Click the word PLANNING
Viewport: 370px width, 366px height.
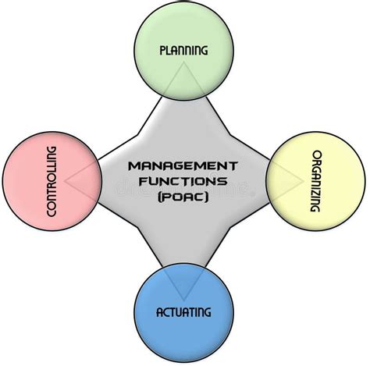(183, 51)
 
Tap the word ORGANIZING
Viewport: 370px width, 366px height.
(316, 181)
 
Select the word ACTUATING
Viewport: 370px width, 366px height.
(183, 312)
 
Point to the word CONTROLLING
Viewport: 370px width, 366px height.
(52, 181)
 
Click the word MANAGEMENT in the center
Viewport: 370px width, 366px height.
(183, 166)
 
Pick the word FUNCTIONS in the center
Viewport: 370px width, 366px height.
(183, 181)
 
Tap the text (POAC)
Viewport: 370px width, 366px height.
(183, 197)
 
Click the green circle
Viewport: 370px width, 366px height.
(183, 51)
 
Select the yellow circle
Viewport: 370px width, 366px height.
(316, 181)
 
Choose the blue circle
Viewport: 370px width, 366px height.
(183, 312)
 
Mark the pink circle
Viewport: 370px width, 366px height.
(52, 181)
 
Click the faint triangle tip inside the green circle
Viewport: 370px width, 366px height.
(183, 62)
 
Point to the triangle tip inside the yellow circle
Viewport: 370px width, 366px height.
(304, 181)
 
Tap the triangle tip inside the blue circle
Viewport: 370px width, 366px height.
(183, 301)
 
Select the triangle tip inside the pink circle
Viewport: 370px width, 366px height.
(65, 181)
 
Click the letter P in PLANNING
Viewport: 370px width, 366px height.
(162, 51)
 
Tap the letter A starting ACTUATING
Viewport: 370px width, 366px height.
(159, 312)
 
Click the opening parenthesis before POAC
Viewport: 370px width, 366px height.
(160, 197)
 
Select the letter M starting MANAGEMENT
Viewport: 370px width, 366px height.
(134, 166)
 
